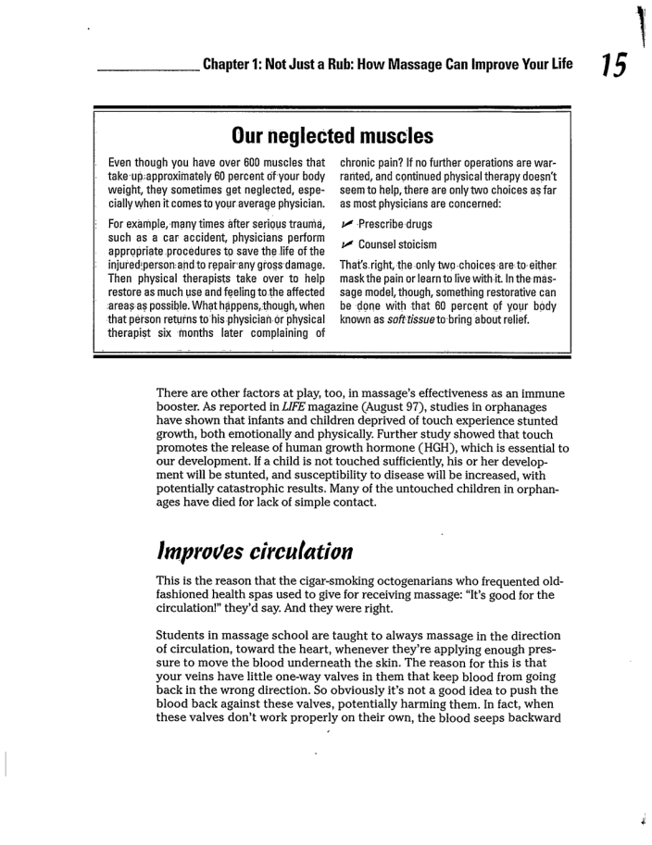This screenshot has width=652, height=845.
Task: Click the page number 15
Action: pos(613,66)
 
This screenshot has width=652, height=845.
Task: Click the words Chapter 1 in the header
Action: pos(232,67)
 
